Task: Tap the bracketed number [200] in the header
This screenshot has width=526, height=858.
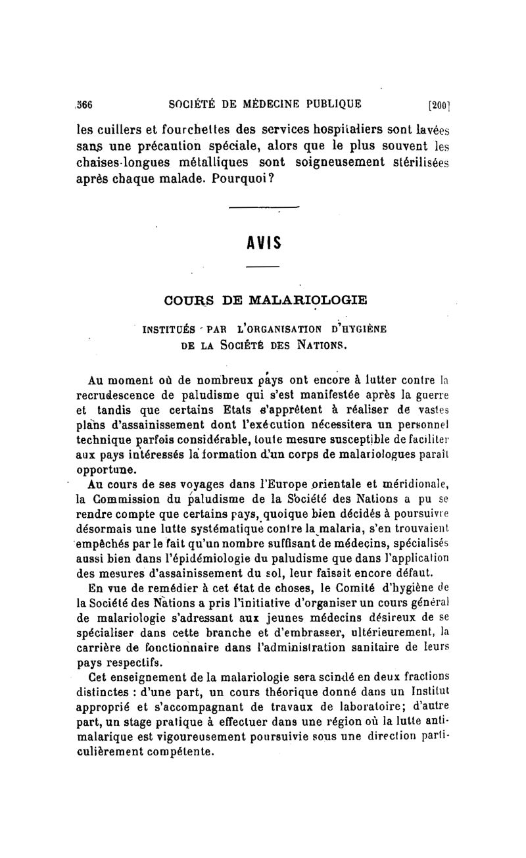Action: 438,104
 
